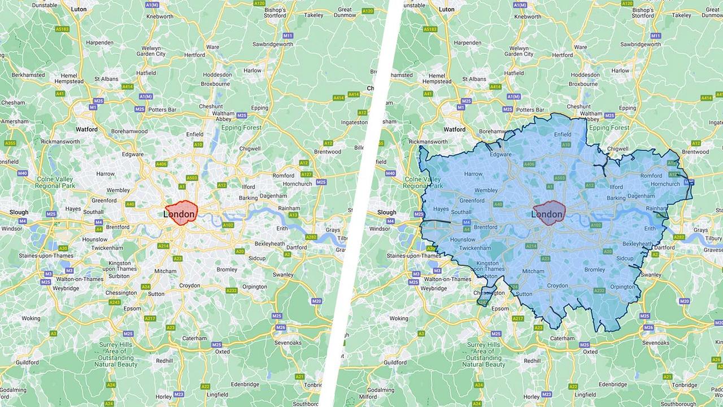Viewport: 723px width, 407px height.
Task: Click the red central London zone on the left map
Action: [181, 213]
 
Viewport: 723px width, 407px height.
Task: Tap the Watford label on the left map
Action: [87, 129]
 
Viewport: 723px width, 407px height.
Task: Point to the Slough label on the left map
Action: [19, 212]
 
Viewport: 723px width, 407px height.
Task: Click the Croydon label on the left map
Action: [190, 286]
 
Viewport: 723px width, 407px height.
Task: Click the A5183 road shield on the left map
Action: [63, 29]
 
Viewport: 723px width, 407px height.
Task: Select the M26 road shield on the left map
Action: [281, 327]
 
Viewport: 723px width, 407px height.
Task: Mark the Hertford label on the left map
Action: [195, 55]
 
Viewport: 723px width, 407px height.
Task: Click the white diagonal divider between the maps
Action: [361, 203]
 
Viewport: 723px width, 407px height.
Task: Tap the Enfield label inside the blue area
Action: [563, 134]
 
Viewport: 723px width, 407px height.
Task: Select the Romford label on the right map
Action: [651, 176]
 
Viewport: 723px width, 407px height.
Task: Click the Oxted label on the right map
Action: [590, 352]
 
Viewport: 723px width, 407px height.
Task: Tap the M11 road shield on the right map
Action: [655, 36]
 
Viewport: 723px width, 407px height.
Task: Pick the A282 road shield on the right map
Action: [679, 237]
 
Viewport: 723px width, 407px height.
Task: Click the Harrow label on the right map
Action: [473, 174]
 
